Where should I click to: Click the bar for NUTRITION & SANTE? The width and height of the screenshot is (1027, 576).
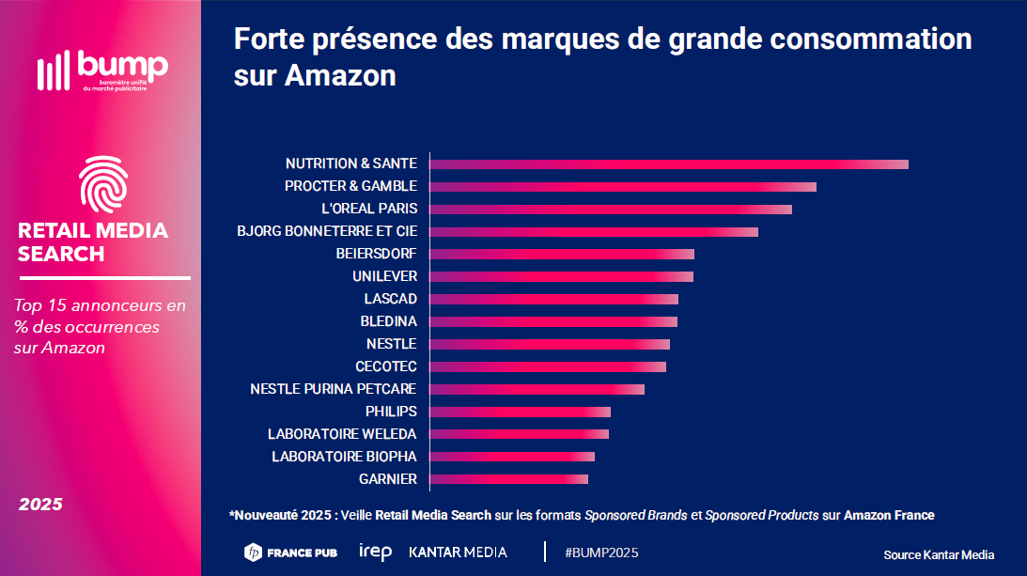[x=669, y=164]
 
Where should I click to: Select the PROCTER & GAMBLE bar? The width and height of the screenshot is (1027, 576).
[x=623, y=187]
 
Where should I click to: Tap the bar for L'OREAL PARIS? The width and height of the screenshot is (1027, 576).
[x=611, y=210]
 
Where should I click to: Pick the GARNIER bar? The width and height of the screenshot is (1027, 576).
[x=509, y=479]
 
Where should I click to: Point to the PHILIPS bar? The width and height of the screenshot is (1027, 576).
[x=521, y=412]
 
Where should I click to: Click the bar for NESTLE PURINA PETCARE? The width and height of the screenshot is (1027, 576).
[x=537, y=389]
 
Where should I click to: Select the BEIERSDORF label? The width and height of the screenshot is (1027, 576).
[x=376, y=254]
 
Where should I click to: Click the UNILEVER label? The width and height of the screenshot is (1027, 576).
[x=384, y=276]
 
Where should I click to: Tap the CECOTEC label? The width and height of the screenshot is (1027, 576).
[x=385, y=366]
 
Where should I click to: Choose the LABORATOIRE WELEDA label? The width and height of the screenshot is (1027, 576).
[x=342, y=434]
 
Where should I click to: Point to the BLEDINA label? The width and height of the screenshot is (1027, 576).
[x=388, y=321]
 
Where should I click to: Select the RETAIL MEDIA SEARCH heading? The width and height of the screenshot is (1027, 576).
[x=93, y=241]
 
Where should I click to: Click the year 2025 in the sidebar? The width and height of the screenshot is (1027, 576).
[x=40, y=505]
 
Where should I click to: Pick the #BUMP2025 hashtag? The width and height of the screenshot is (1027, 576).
[x=601, y=553]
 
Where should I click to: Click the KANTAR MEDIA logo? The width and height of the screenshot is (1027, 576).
[x=458, y=553]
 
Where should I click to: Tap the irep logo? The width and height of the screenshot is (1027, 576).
[x=375, y=552]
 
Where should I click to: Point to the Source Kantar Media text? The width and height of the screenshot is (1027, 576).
[x=939, y=554]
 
